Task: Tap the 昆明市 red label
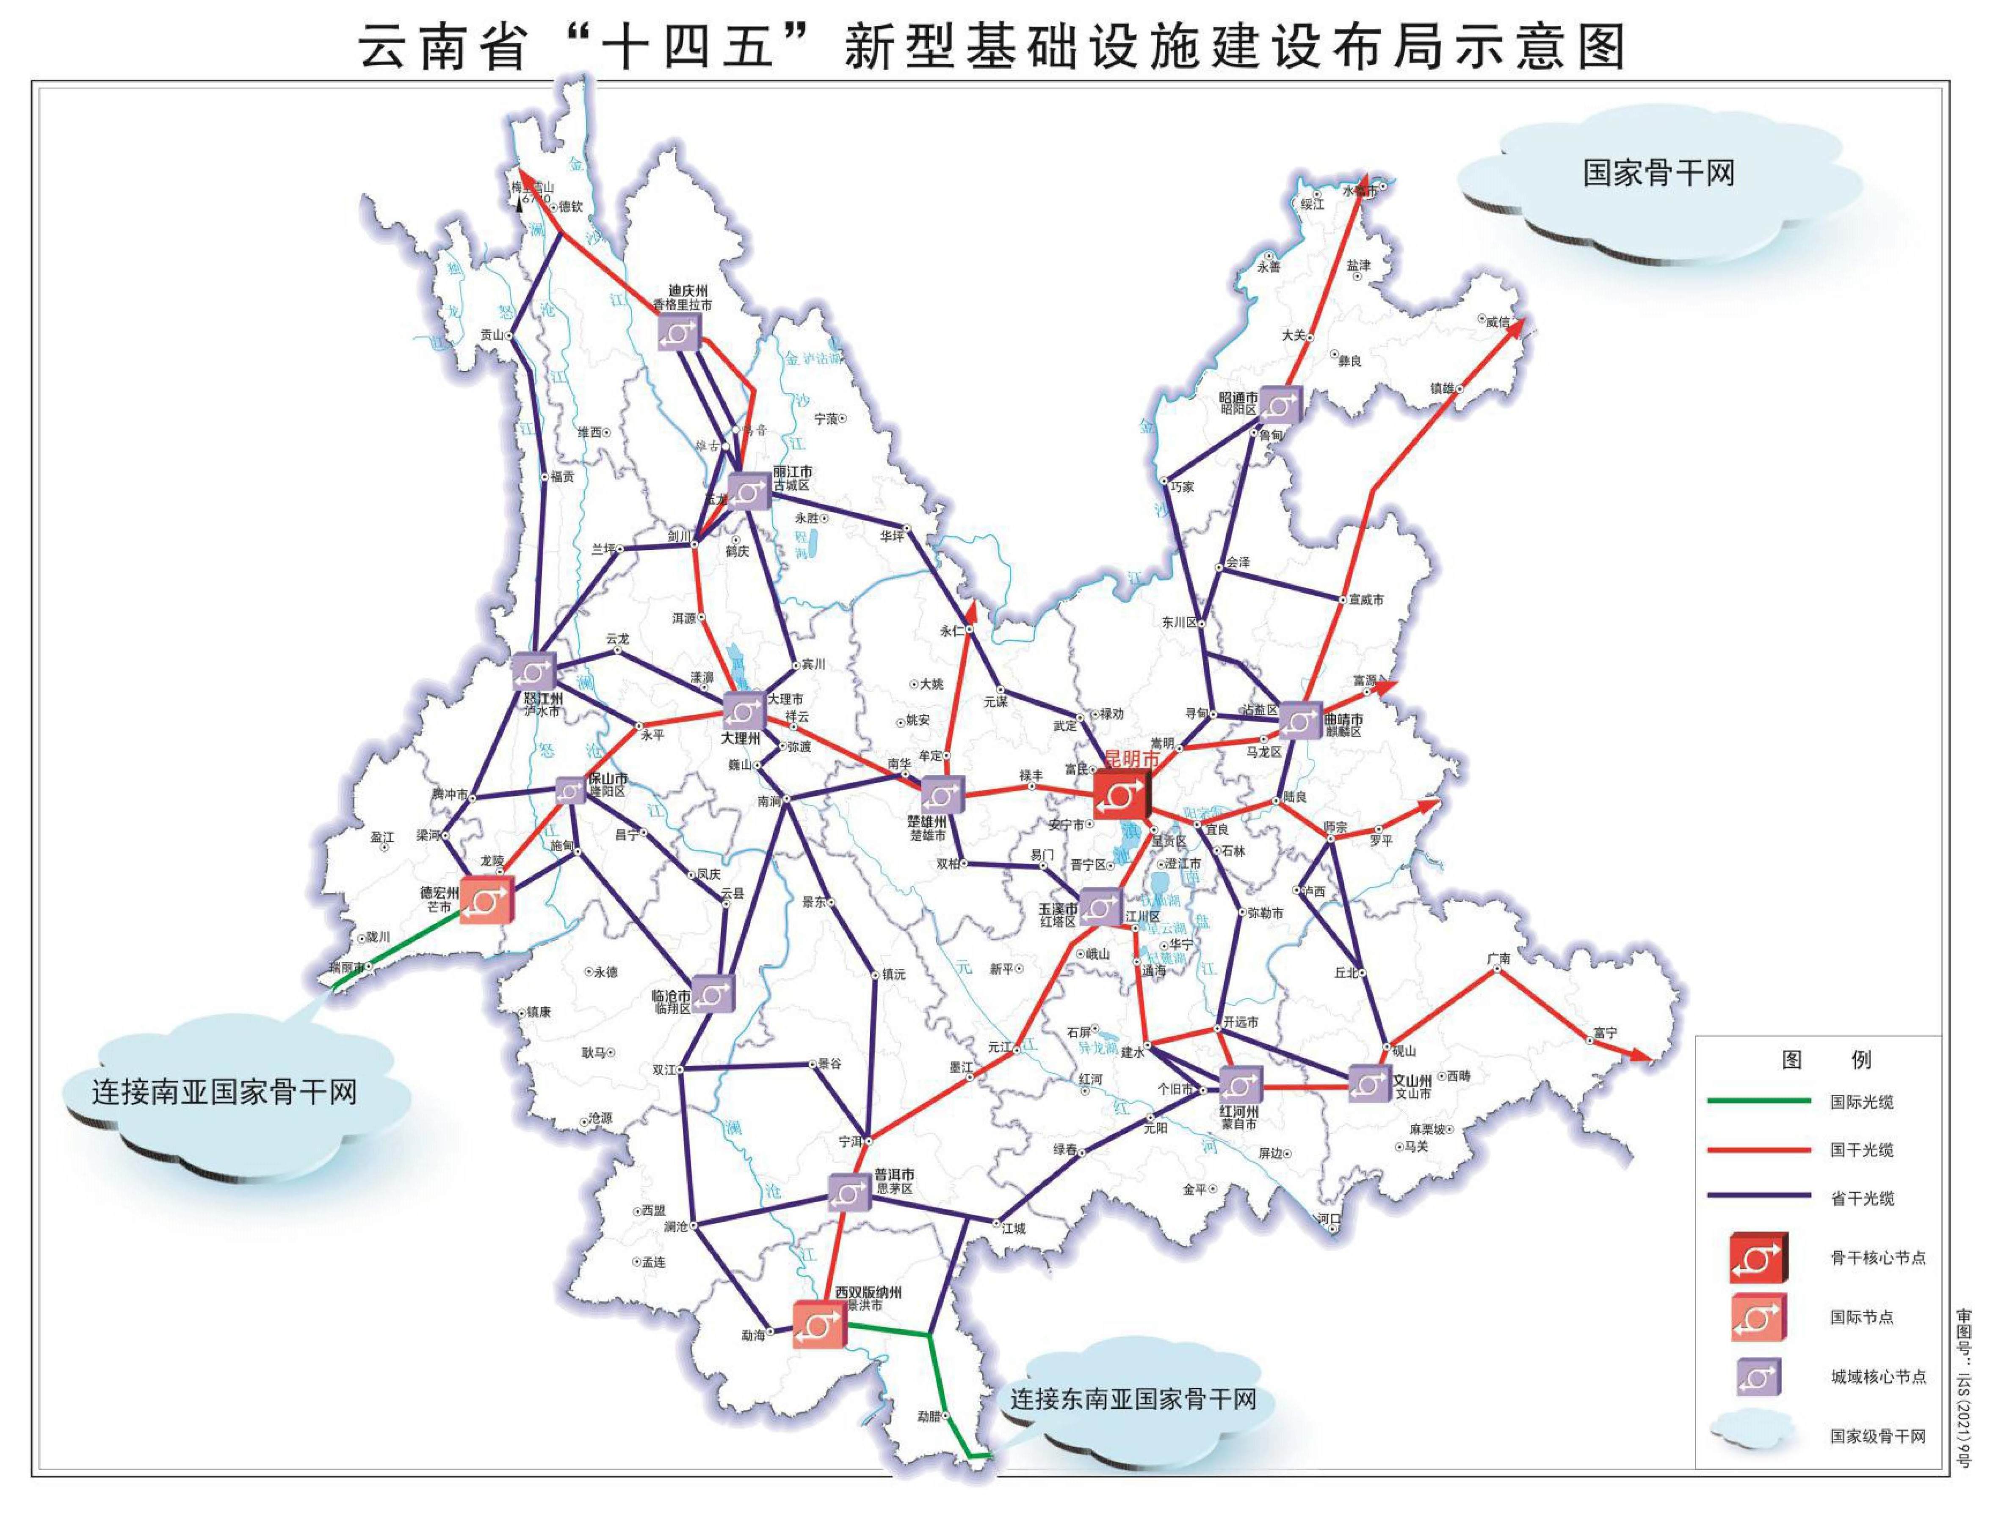[1132, 759]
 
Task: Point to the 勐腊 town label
[929, 1416]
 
